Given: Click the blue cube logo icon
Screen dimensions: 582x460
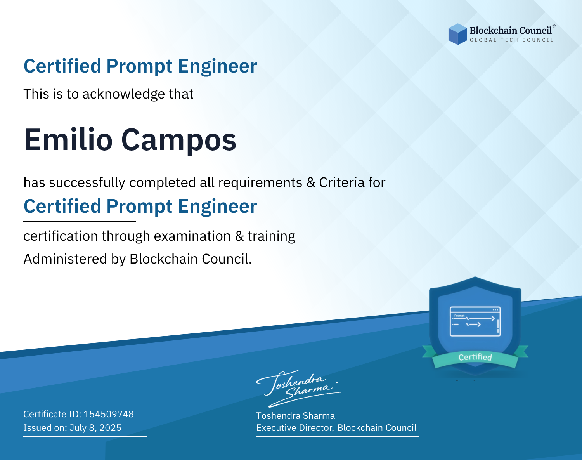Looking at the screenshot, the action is click(457, 34).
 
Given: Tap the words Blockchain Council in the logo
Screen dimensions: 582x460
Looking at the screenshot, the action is click(511, 31).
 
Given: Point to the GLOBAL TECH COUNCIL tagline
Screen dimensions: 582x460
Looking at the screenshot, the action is click(511, 40).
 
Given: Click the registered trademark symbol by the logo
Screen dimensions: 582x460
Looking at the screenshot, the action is click(554, 26).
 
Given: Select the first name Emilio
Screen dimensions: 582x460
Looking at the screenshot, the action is click(68, 140).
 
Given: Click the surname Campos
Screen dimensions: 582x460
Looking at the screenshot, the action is click(179, 142).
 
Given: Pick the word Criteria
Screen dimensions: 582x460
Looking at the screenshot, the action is click(341, 182).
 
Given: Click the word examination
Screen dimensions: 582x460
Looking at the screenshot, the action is click(192, 236).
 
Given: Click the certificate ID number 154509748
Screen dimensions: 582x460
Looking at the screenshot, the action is click(109, 414).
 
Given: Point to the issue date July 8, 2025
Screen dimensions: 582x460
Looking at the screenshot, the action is click(95, 428).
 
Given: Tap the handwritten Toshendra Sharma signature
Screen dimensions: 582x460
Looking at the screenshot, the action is click(299, 388).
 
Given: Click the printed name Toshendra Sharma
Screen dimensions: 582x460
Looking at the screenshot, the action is click(295, 416).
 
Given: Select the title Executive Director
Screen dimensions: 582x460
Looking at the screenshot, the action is click(294, 428).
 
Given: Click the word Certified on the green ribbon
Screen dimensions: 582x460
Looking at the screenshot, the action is click(475, 357).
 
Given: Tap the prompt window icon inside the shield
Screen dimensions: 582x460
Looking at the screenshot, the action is click(475, 321).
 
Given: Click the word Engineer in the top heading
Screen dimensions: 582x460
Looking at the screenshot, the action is click(217, 66).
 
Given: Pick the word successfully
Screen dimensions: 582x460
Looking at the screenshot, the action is click(87, 183).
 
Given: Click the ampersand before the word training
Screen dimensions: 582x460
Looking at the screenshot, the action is click(239, 236).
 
